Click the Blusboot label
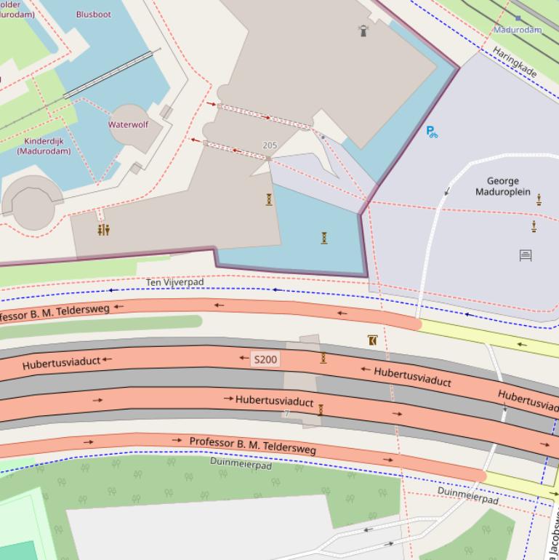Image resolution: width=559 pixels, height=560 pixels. click(94, 14)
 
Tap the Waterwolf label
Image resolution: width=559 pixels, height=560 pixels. click(128, 124)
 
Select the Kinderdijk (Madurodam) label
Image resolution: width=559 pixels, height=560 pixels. click(44, 146)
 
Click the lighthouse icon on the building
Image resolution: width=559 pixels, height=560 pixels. click(363, 30)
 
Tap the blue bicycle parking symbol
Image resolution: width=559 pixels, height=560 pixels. click(432, 132)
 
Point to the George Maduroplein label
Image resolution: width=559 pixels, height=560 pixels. click(503, 187)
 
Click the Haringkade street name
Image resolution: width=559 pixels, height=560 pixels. click(515, 63)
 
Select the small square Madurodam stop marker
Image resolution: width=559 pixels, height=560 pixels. click(518, 18)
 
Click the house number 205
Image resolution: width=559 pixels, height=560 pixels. click(270, 145)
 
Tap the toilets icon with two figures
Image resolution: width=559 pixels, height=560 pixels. click(104, 230)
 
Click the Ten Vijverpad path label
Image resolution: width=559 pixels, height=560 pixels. click(175, 282)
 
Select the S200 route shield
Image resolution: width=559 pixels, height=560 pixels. click(265, 359)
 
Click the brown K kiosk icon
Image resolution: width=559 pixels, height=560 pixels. click(372, 340)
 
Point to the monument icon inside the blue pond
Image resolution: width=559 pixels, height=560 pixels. click(324, 237)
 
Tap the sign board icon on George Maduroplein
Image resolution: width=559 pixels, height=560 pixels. click(526, 255)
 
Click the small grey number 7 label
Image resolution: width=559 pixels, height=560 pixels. click(286, 414)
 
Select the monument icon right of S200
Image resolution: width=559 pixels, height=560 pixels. click(323, 358)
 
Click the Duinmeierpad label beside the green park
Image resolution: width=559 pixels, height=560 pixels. click(241, 463)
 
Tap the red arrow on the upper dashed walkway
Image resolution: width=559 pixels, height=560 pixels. click(268, 116)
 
